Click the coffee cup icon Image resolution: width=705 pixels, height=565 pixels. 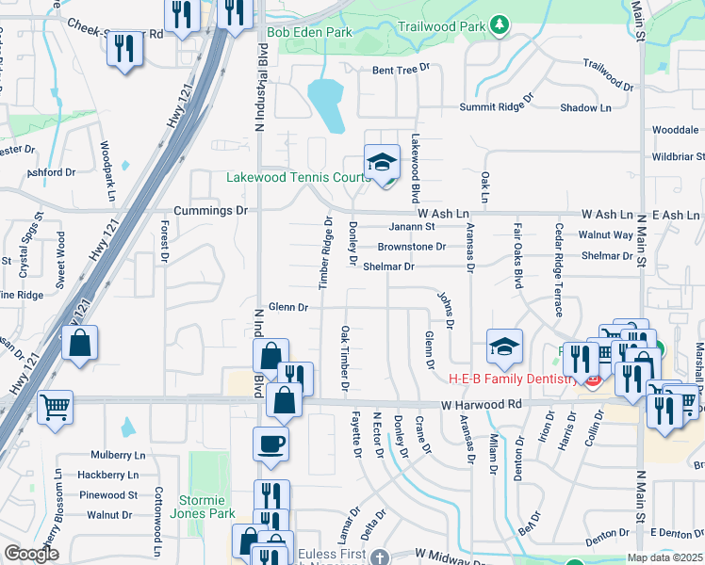click(x=271, y=443)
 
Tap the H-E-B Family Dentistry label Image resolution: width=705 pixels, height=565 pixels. click(x=511, y=379)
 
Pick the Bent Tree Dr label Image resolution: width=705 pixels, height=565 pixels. click(x=401, y=69)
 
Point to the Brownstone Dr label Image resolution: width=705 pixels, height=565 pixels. click(x=411, y=247)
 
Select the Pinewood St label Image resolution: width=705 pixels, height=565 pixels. click(x=108, y=494)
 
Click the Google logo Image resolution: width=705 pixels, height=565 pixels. click(x=31, y=554)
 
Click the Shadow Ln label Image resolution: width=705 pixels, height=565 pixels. click(x=586, y=108)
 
